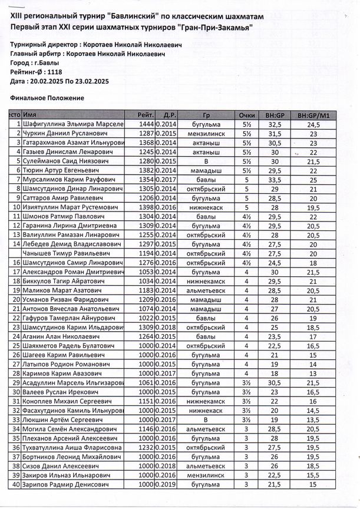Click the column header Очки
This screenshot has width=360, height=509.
click(x=247, y=114)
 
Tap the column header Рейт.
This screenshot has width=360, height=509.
click(x=145, y=114)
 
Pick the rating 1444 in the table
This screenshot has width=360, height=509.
click(x=146, y=125)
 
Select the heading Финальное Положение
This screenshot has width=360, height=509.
click(x=47, y=97)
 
